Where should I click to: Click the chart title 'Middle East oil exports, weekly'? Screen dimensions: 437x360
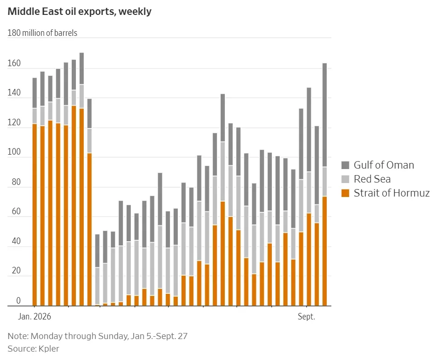point(80,12)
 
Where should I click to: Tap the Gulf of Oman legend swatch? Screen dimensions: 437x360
point(345,165)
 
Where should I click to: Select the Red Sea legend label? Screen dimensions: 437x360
point(372,179)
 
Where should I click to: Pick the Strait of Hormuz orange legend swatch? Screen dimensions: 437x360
point(345,193)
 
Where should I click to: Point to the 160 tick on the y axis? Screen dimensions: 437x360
point(14,63)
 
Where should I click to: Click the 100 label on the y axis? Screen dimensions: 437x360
point(14,152)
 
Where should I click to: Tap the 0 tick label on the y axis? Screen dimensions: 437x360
point(19,300)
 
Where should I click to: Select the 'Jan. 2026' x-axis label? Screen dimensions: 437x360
point(34,317)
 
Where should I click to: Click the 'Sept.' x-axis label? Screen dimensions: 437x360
point(306,317)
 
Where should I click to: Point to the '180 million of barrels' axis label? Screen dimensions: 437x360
point(42,33)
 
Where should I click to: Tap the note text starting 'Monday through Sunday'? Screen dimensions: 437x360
point(109,336)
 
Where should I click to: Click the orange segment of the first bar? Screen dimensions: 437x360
point(34,215)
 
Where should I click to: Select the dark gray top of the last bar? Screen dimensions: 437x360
point(325,115)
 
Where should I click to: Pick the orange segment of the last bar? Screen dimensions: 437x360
point(325,251)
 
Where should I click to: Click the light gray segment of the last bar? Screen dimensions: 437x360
point(325,182)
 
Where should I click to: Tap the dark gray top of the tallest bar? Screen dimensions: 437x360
point(81,68)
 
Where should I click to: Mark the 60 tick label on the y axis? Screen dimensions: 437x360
point(16,211)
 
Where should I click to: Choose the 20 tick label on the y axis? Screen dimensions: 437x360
point(16,271)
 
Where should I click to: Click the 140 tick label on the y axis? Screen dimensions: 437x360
point(14,93)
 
